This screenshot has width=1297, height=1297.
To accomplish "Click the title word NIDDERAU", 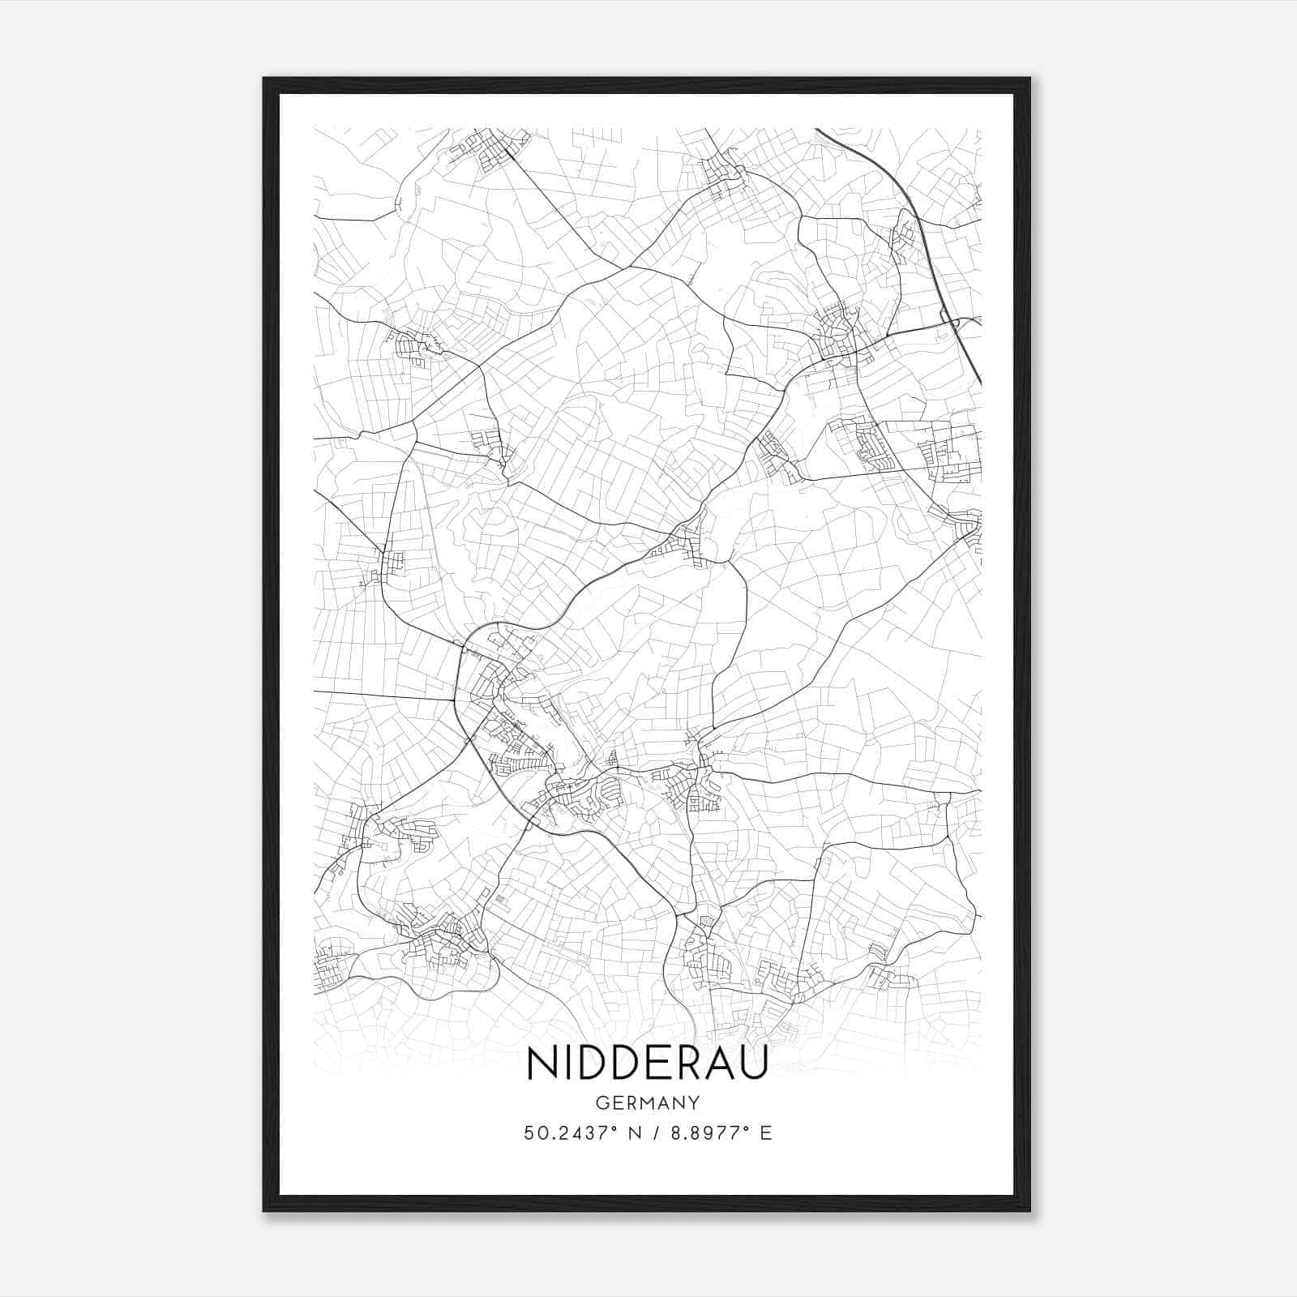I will coord(648,1064).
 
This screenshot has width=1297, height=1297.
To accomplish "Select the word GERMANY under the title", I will coord(648,1103).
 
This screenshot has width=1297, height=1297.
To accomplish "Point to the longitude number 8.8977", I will coord(709,1133).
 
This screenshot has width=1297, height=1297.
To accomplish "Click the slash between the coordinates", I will coord(653,1133).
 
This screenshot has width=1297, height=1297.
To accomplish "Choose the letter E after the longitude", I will coord(766,1133).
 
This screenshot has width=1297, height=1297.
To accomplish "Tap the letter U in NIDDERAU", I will coord(753,1064).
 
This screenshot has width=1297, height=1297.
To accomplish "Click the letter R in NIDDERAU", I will coord(689,1064).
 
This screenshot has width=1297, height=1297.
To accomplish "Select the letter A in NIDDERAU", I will coord(720,1064).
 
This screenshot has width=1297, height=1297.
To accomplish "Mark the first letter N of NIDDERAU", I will coord(541,1064).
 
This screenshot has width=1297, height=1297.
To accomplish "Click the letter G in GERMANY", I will coord(601,1103).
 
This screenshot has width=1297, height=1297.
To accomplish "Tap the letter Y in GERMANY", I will coord(695,1103).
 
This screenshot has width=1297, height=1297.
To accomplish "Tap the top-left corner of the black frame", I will coord(263,79).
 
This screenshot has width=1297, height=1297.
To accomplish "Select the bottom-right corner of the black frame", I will coord(1029,1211).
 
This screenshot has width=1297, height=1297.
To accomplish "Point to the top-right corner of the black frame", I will coord(1029,79).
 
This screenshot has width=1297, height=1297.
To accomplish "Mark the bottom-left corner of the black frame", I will coord(263,1211).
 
